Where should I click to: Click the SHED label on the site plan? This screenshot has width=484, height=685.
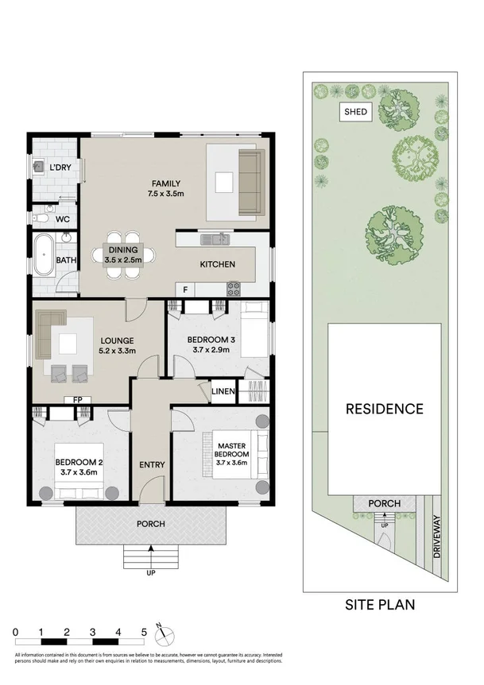(355, 112)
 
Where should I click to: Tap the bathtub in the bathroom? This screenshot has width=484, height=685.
(44, 255)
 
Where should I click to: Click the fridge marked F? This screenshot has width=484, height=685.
(184, 290)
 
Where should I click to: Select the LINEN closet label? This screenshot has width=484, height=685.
(222, 391)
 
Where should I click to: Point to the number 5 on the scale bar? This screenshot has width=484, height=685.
(144, 632)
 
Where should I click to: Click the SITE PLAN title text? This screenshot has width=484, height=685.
(379, 604)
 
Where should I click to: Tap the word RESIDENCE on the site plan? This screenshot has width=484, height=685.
(384, 410)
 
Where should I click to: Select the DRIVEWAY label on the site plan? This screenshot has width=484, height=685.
(436, 540)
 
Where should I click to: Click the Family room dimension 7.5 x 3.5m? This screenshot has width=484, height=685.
(165, 193)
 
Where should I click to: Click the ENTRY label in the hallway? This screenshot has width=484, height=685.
(150, 464)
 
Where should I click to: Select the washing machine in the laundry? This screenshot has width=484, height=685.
(40, 167)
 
